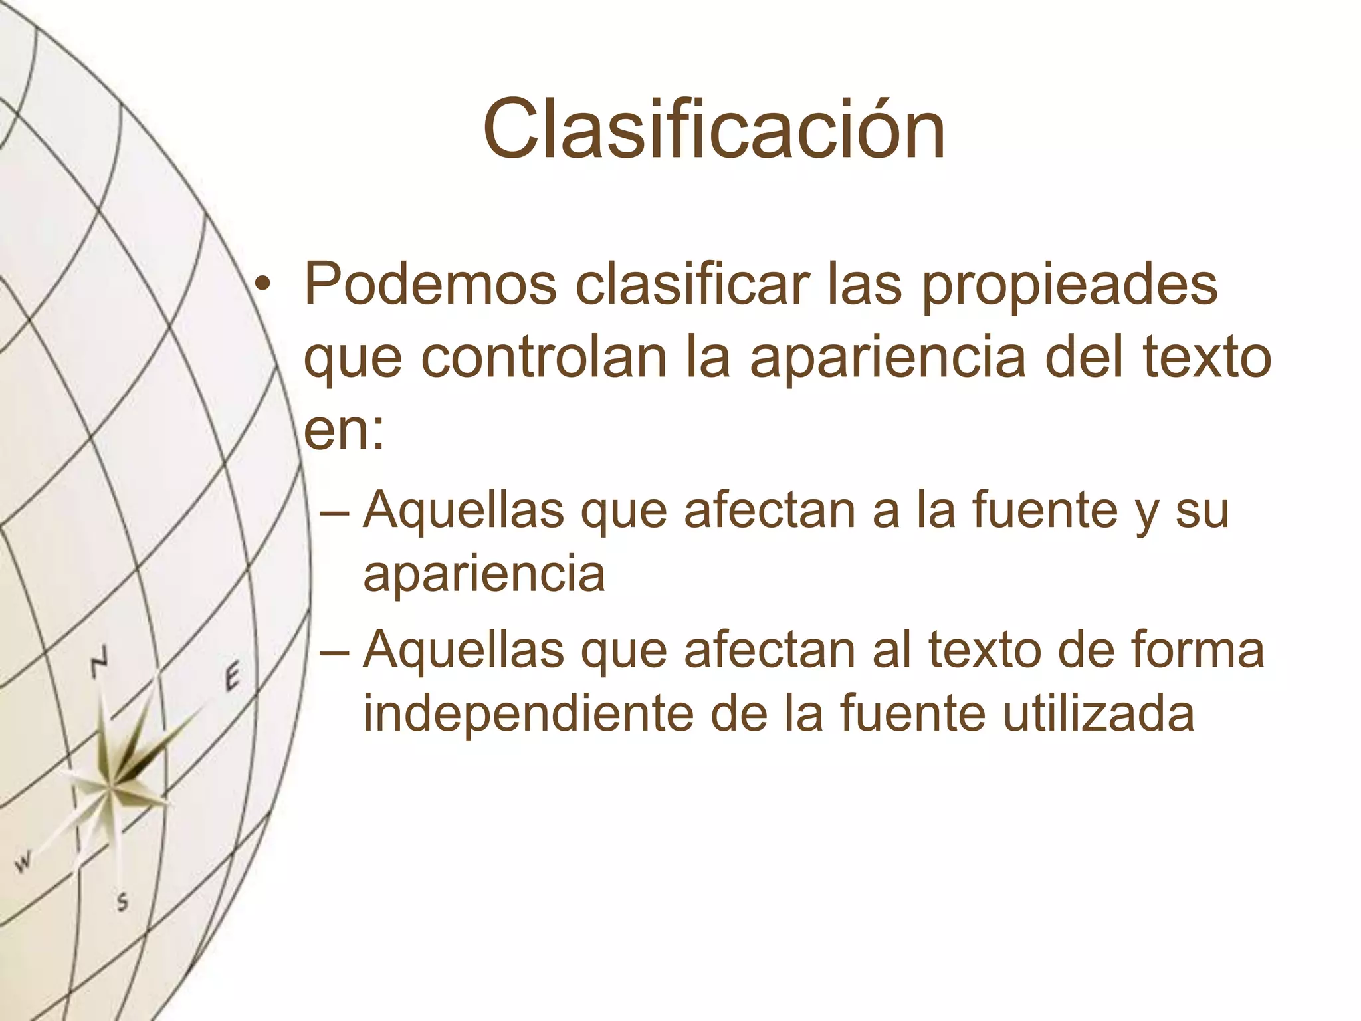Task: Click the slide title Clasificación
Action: tap(714, 129)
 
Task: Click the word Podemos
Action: tap(430, 284)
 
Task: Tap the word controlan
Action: tap(543, 358)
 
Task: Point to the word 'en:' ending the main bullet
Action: tap(344, 431)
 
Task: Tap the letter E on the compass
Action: tap(231, 678)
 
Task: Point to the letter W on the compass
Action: tap(24, 862)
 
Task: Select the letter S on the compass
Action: tap(122, 903)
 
